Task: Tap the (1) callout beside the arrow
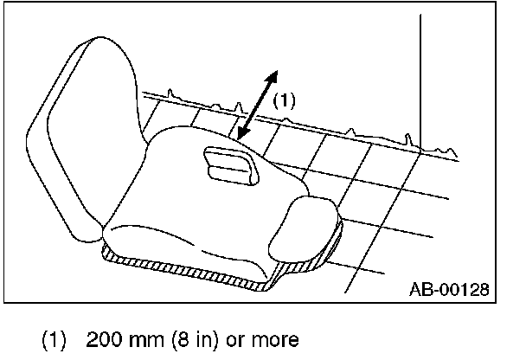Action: pos(285,100)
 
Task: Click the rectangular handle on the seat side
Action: pos(228,164)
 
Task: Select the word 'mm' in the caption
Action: pos(138,339)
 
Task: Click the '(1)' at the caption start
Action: pos(55,339)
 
